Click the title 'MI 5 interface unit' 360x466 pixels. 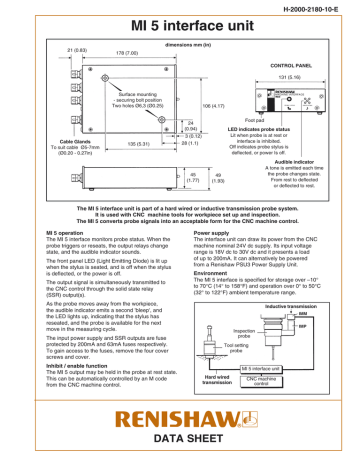pyautogui.click(x=179, y=26)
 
